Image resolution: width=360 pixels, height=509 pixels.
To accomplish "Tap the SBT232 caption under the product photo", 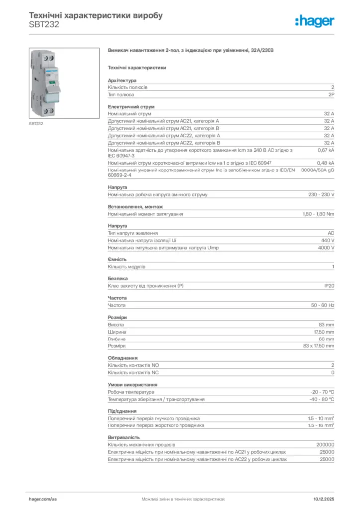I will tap(36, 123).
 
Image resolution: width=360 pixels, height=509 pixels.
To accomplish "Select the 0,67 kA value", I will tap(326, 150).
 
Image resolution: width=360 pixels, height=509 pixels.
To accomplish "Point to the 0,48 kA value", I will tap(326, 163).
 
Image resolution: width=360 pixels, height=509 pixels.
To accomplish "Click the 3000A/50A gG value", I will tap(318, 170).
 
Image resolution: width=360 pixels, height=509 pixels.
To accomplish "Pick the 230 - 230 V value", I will tap(321, 195).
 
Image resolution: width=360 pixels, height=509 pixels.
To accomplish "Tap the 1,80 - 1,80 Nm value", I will tap(318, 214).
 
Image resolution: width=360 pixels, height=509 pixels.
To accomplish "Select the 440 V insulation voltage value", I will tap(326, 240).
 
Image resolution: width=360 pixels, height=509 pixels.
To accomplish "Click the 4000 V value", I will tap(326, 248).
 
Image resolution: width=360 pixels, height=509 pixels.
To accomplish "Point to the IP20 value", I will tap(329, 286).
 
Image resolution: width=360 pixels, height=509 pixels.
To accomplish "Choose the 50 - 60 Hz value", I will tap(323, 305).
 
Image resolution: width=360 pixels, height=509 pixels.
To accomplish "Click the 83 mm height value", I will tap(326, 324).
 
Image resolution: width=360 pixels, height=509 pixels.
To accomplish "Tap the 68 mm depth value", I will tap(326, 339).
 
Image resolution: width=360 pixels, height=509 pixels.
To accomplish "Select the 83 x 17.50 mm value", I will tap(319, 346).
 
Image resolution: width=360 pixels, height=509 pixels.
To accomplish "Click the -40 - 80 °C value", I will tap(322, 399).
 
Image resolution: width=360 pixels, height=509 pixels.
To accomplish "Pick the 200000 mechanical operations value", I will tap(325, 445).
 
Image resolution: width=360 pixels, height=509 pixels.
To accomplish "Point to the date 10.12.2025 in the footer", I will tap(324, 498).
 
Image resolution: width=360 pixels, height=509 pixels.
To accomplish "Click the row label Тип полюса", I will tap(121, 94).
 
